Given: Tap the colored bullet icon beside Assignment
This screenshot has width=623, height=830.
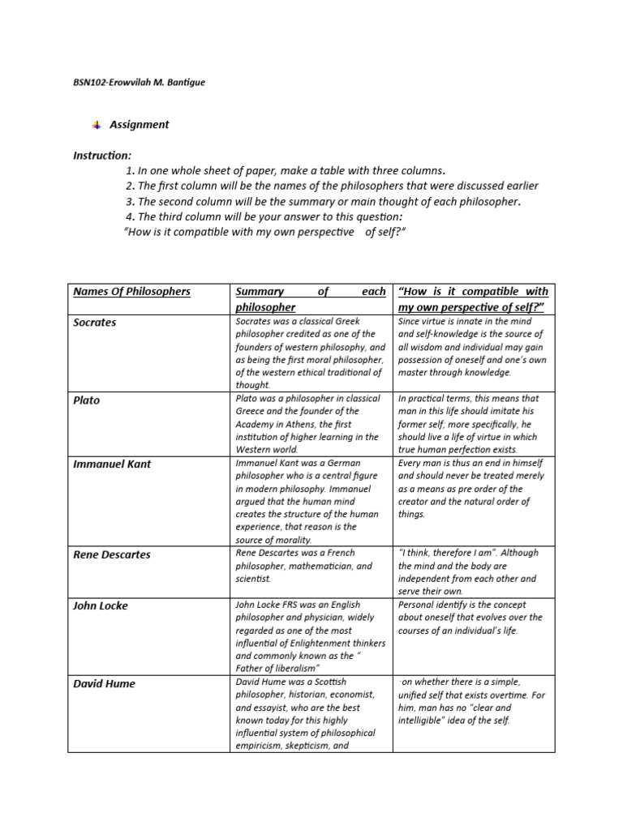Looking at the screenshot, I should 97,124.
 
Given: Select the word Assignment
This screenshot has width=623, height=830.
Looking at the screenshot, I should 140,125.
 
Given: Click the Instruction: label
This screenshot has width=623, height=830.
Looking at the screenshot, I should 101,155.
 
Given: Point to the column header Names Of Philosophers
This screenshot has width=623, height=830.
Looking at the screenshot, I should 131,291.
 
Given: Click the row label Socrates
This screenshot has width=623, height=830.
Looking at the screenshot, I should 95,323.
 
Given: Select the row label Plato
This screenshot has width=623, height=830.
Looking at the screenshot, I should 87,400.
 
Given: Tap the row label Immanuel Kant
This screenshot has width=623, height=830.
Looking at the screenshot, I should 112,464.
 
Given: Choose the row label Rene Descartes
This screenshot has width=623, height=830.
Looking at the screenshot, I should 112,555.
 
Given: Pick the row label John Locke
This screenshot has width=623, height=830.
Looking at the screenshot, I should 101,605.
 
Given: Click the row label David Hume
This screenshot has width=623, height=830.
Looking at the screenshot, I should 105,683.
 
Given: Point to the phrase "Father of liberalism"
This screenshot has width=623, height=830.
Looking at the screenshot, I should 278,668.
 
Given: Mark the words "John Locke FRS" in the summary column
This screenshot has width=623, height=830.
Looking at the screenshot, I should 268,605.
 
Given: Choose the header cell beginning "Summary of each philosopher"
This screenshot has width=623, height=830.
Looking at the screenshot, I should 310,299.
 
